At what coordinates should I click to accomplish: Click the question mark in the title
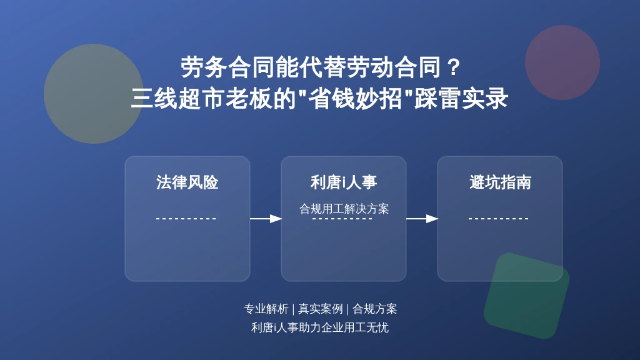point(454,67)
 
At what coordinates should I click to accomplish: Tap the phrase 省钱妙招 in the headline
point(356,98)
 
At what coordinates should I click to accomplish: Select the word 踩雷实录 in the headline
point(461,98)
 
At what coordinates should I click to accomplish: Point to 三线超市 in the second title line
point(178,98)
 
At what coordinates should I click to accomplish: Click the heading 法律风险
point(187,182)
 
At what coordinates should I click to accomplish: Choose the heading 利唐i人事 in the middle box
point(344,182)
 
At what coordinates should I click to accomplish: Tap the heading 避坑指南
point(500,182)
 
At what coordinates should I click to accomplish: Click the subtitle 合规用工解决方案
point(344,209)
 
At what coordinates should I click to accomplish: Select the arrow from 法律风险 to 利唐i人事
point(266,219)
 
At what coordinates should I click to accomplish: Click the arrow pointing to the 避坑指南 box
point(422,219)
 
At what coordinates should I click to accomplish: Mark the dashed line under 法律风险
point(186,219)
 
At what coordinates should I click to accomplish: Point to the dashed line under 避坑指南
point(499,219)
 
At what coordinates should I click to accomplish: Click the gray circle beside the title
point(94,94)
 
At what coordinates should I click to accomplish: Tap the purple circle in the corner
point(562,62)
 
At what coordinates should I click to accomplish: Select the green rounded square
point(526,296)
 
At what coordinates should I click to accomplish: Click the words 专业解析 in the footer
point(266,309)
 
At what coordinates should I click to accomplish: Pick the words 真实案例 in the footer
point(321,309)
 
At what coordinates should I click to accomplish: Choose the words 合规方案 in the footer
point(375,309)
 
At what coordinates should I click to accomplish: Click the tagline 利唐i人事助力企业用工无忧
point(319,327)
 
